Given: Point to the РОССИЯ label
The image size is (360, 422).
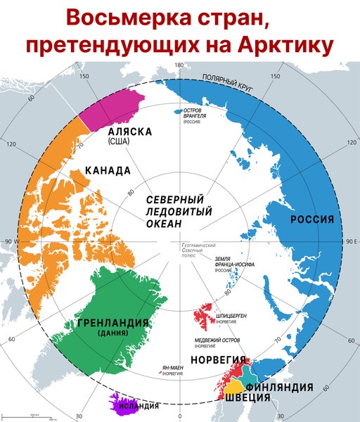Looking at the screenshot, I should (x=311, y=219).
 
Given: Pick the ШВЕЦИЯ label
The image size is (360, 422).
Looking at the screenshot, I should (x=247, y=398).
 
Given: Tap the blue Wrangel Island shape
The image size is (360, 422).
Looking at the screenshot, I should (x=176, y=110).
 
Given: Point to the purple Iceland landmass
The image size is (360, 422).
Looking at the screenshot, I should (x=116, y=404).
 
